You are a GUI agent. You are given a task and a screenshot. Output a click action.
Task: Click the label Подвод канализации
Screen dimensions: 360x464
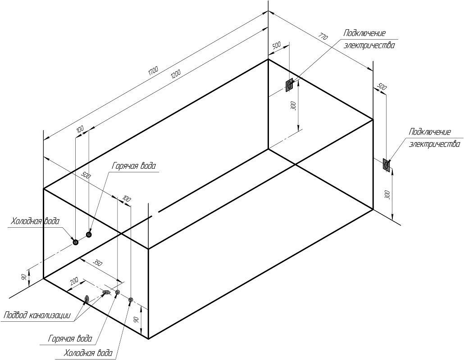pyautogui.click(x=37, y=315)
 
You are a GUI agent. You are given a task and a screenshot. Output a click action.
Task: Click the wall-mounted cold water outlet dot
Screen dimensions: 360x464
pyautogui.click(x=76, y=242)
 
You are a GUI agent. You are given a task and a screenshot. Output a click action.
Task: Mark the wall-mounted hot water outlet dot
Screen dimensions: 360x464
pyautogui.click(x=89, y=234)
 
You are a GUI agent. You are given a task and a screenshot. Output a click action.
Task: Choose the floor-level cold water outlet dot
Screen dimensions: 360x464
pyautogui.click(x=131, y=300)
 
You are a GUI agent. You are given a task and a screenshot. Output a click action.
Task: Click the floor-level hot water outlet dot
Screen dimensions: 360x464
pyautogui.click(x=118, y=292)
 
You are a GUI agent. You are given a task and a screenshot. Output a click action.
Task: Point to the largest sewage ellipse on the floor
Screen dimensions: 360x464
pyautogui.click(x=86, y=299)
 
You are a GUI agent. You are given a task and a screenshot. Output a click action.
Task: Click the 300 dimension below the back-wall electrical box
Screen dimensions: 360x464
pyautogui.click(x=293, y=106)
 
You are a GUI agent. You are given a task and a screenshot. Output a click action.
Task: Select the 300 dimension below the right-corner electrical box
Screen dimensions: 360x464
pyautogui.click(x=388, y=195)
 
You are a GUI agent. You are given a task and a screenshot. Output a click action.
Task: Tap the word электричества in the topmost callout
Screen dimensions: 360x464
pyautogui.click(x=369, y=46)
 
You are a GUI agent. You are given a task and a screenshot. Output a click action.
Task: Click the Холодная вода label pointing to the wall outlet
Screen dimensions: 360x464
pyautogui.click(x=36, y=221)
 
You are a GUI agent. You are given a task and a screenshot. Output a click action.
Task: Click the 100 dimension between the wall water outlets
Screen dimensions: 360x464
pyautogui.click(x=80, y=129)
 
